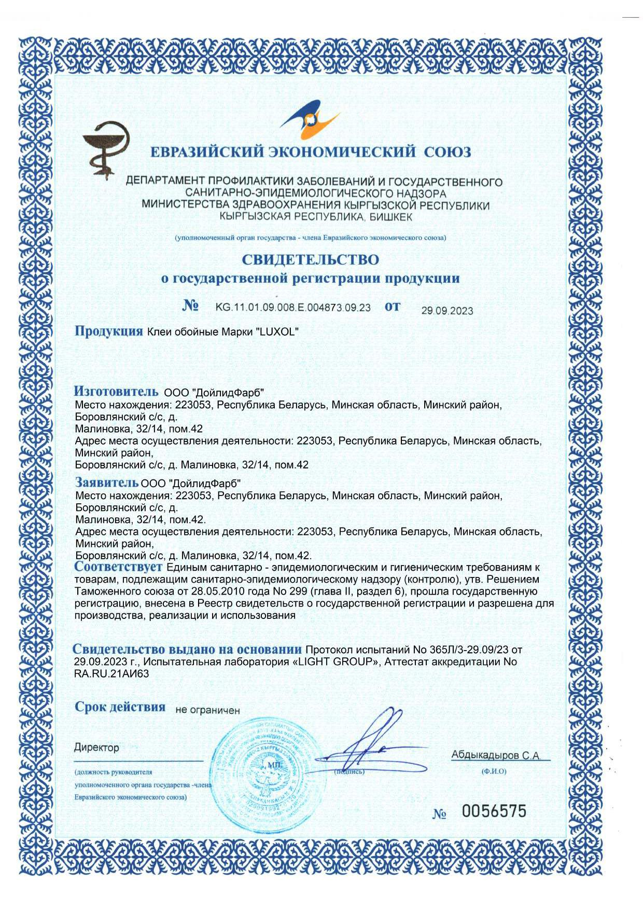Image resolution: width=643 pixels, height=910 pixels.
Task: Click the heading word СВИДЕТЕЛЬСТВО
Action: pyautogui.click(x=310, y=259)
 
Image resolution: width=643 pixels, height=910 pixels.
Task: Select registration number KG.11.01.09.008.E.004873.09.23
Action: pyautogui.click(x=293, y=308)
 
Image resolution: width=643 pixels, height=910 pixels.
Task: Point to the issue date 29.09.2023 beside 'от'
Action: pyautogui.click(x=447, y=311)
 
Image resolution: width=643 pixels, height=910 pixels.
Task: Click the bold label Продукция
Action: pyautogui.click(x=109, y=331)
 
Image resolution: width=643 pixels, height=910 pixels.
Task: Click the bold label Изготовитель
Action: pyautogui.click(x=116, y=391)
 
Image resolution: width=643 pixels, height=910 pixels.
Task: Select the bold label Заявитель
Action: pyautogui.click(x=107, y=482)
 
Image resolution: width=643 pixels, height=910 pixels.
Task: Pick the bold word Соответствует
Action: pyautogui.click(x=118, y=567)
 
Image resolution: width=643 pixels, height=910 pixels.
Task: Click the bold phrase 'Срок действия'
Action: pyautogui.click(x=120, y=707)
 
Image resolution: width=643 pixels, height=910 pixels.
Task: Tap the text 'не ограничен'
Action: pyautogui.click(x=207, y=710)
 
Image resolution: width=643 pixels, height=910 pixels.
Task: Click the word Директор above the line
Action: pyautogui.click(x=96, y=748)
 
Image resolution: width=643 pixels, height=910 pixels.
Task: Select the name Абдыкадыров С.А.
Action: pyautogui.click(x=496, y=755)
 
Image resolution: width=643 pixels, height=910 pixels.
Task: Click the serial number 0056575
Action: pyautogui.click(x=494, y=811)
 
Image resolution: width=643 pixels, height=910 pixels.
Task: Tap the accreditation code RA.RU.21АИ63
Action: pyautogui.click(x=111, y=674)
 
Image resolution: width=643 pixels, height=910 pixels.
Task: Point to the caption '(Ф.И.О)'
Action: pyautogui.click(x=494, y=771)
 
